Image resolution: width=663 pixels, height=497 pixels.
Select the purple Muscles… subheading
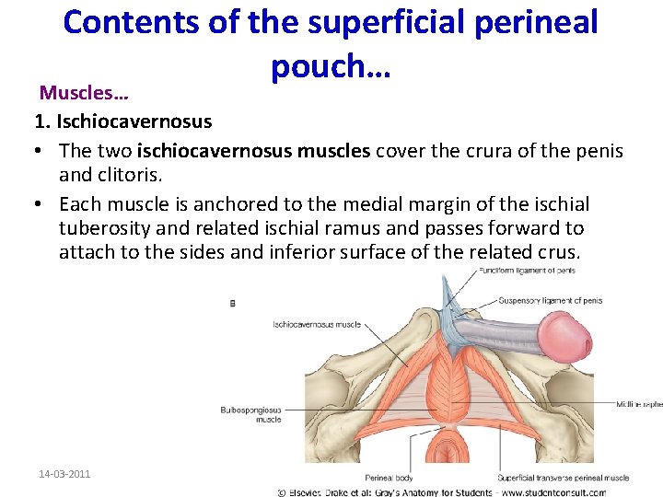click(x=83, y=94)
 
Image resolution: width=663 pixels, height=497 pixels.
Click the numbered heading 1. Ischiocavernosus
click(x=122, y=121)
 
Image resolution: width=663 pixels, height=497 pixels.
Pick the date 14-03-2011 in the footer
click(x=64, y=474)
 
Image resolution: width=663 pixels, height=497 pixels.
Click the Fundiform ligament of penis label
click(x=526, y=271)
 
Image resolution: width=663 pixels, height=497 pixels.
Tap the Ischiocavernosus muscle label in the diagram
click(x=317, y=324)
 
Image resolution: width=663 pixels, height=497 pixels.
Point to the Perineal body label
click(x=388, y=478)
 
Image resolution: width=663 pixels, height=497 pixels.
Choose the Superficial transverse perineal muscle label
click(x=563, y=478)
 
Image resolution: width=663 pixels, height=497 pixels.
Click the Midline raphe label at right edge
click(x=640, y=403)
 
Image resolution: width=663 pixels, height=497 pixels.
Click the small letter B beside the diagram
click(x=231, y=302)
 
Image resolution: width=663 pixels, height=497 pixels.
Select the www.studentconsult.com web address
click(x=577, y=491)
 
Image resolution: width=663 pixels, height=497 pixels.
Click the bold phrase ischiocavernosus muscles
click(x=220, y=149)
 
